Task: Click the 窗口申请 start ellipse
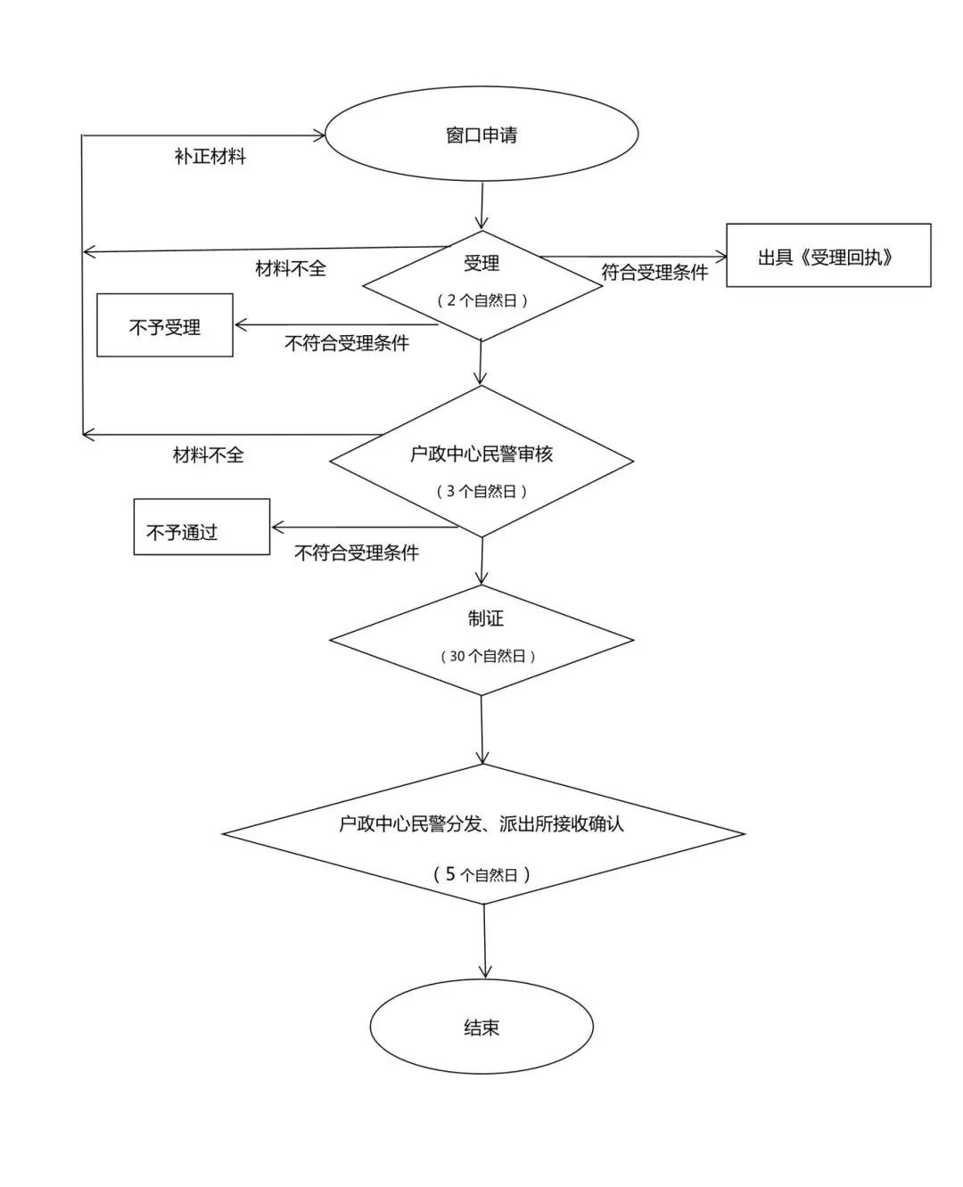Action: (x=481, y=135)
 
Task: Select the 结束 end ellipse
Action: (x=481, y=1027)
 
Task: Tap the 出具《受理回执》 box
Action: (x=827, y=257)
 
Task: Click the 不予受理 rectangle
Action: (x=165, y=326)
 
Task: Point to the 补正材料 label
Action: (x=210, y=157)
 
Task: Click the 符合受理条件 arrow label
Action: (x=654, y=273)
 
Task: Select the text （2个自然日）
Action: (x=481, y=300)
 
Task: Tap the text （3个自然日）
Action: (x=481, y=491)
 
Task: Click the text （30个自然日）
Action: (x=488, y=656)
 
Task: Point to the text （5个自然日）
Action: (x=481, y=874)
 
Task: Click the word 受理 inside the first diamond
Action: (x=481, y=263)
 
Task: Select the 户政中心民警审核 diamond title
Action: (x=481, y=454)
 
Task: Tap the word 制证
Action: (x=486, y=618)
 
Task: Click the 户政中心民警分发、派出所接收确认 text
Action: (x=481, y=824)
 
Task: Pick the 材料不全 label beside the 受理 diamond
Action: (x=291, y=268)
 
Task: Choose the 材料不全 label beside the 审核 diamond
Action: (x=208, y=455)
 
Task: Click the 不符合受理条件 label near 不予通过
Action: (x=357, y=553)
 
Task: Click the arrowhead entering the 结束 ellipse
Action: (x=485, y=973)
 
